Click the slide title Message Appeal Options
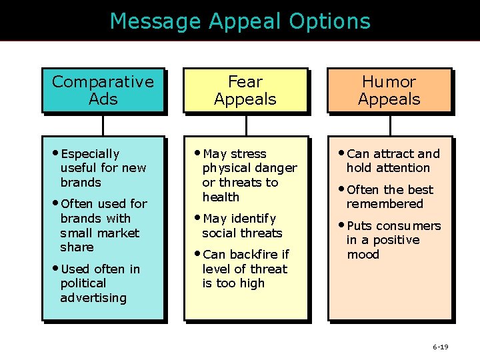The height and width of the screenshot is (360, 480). point(240,21)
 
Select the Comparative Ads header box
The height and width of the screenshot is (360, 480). point(103,91)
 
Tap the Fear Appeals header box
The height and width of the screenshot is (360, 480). point(245,91)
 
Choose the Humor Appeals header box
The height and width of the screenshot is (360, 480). point(389,91)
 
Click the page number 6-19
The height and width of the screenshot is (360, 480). point(440,347)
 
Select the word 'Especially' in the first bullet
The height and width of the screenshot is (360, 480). point(90,154)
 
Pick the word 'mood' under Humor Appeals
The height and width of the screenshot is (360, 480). point(363,255)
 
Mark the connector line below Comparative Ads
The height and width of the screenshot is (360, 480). point(103,125)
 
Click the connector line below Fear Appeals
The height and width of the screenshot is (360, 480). point(247,125)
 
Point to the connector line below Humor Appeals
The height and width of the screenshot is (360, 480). point(390,125)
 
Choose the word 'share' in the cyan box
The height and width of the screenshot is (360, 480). point(77,247)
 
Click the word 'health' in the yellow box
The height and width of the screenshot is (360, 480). point(221,197)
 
